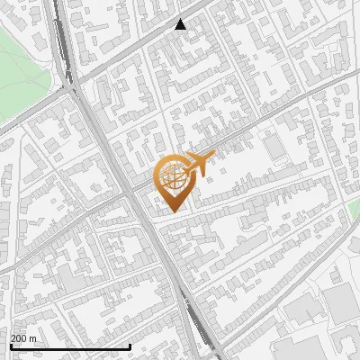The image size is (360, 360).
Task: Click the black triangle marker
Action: coord(181,24)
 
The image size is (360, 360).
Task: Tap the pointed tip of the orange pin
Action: coord(174,211)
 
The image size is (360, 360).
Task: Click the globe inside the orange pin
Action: coord(174,175)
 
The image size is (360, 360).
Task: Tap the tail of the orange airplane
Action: coord(185,166)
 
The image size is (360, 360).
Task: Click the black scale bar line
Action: coord(69,346)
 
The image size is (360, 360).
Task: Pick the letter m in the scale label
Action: coord(33,338)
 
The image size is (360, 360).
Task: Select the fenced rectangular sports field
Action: coord(274,146)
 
